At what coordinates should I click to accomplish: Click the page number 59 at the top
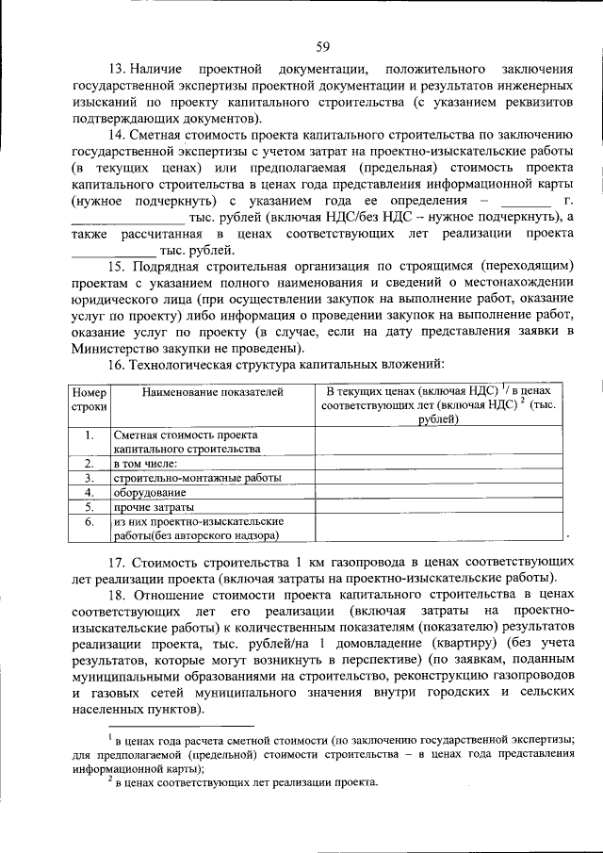point(321,47)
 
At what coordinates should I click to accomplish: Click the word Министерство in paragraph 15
point(114,348)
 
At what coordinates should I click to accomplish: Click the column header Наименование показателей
point(211,392)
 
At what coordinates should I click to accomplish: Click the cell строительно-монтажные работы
point(197,478)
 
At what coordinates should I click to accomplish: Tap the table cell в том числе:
point(145,464)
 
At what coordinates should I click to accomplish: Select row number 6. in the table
point(89,521)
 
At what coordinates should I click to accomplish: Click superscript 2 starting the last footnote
point(110,779)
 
